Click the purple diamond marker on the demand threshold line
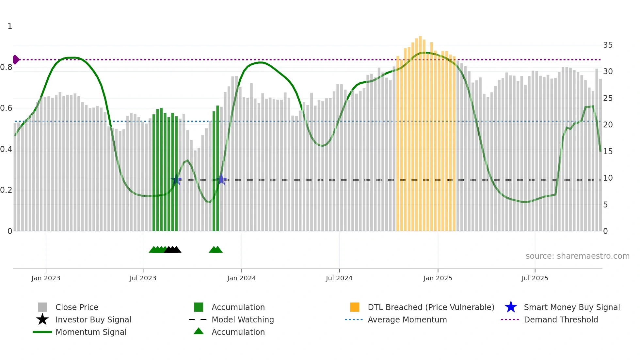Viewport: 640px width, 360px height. click(16, 60)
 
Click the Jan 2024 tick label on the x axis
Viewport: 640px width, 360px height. click(241, 278)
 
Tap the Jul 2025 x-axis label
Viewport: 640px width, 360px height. click(535, 278)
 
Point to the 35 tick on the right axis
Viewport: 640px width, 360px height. click(608, 45)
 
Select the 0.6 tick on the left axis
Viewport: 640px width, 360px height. click(6, 108)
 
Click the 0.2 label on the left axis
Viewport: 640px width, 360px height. click(6, 190)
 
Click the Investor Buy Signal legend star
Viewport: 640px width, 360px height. click(42, 319)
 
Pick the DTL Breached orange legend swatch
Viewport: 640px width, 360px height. click(355, 307)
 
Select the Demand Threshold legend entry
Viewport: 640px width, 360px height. click(561, 319)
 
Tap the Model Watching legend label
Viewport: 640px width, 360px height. click(243, 319)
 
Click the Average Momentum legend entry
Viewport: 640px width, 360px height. click(407, 319)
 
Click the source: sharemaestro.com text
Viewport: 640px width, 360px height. click(577, 256)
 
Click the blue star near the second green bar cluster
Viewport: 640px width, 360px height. click(222, 179)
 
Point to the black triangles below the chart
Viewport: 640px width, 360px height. click(173, 250)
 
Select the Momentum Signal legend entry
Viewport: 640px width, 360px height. click(91, 332)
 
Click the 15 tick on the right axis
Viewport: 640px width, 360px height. click(608, 152)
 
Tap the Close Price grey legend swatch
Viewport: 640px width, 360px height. click(42, 307)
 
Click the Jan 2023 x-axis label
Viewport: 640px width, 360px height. click(46, 278)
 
